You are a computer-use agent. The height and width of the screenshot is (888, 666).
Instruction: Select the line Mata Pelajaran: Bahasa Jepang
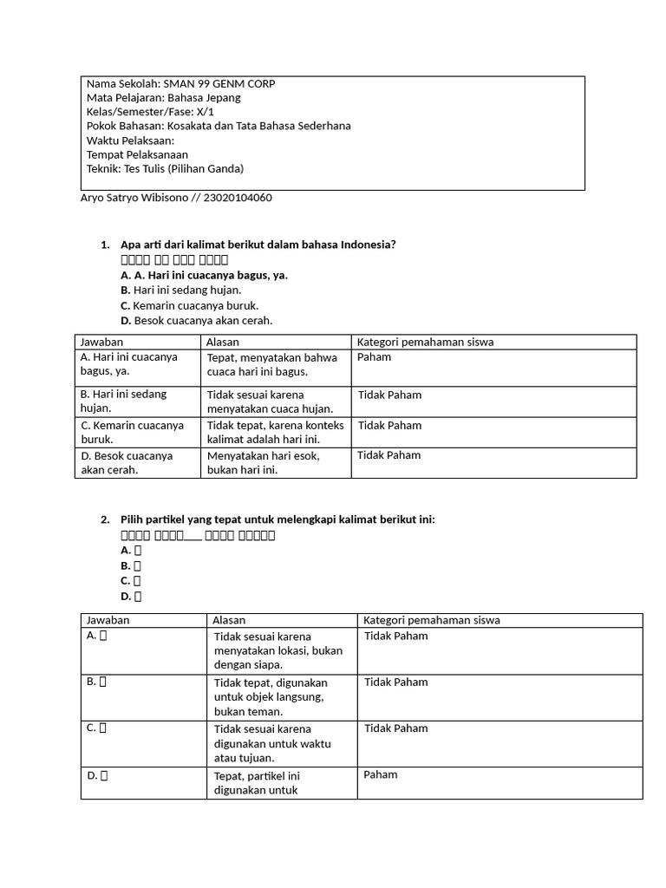point(163,98)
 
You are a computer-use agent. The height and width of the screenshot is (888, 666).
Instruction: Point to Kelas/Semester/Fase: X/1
point(150,112)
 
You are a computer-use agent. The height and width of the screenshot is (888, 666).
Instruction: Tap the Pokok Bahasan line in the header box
point(219,126)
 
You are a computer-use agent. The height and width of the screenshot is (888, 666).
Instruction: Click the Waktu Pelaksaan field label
point(130,140)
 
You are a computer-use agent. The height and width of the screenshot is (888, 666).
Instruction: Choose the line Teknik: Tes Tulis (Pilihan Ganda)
point(165,168)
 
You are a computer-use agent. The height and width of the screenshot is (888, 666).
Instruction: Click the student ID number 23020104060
point(238,198)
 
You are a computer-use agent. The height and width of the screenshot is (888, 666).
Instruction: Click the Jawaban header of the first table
point(101,342)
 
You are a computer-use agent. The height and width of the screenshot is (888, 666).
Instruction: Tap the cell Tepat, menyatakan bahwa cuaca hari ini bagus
point(271,364)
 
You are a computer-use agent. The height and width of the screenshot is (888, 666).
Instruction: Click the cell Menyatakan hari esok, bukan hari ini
point(263,462)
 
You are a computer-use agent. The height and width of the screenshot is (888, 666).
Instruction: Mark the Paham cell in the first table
point(374,357)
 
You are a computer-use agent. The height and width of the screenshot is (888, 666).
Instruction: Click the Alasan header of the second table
point(230,620)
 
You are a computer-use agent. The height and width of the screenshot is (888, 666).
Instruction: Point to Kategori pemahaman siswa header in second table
point(431,620)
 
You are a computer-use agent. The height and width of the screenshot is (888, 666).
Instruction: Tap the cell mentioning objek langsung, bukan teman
point(270,696)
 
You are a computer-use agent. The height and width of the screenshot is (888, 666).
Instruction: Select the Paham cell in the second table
point(381,774)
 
